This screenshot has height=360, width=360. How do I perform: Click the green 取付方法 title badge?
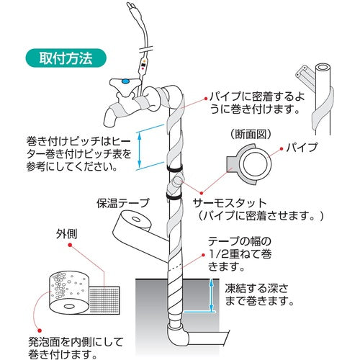click(66, 58)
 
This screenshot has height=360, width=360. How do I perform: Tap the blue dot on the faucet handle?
click(125, 81)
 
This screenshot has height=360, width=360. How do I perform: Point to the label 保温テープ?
click(123, 203)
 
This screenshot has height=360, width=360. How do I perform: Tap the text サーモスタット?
click(230, 203)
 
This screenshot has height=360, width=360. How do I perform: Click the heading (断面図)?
click(251, 135)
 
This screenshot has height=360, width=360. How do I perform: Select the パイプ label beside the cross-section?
click(302, 147)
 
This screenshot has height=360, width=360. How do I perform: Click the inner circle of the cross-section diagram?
click(256, 163)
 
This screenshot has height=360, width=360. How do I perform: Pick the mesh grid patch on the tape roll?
click(104, 300)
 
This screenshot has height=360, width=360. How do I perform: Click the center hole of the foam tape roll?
click(69, 307)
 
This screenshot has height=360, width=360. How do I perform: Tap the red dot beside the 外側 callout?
click(70, 246)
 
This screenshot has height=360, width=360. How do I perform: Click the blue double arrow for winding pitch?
click(140, 150)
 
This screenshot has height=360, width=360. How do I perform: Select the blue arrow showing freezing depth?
click(211, 295)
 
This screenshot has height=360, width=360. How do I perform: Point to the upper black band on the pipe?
click(174, 168)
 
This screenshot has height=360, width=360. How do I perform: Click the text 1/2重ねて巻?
click(240, 254)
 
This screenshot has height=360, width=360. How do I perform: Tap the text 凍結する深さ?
click(256, 289)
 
